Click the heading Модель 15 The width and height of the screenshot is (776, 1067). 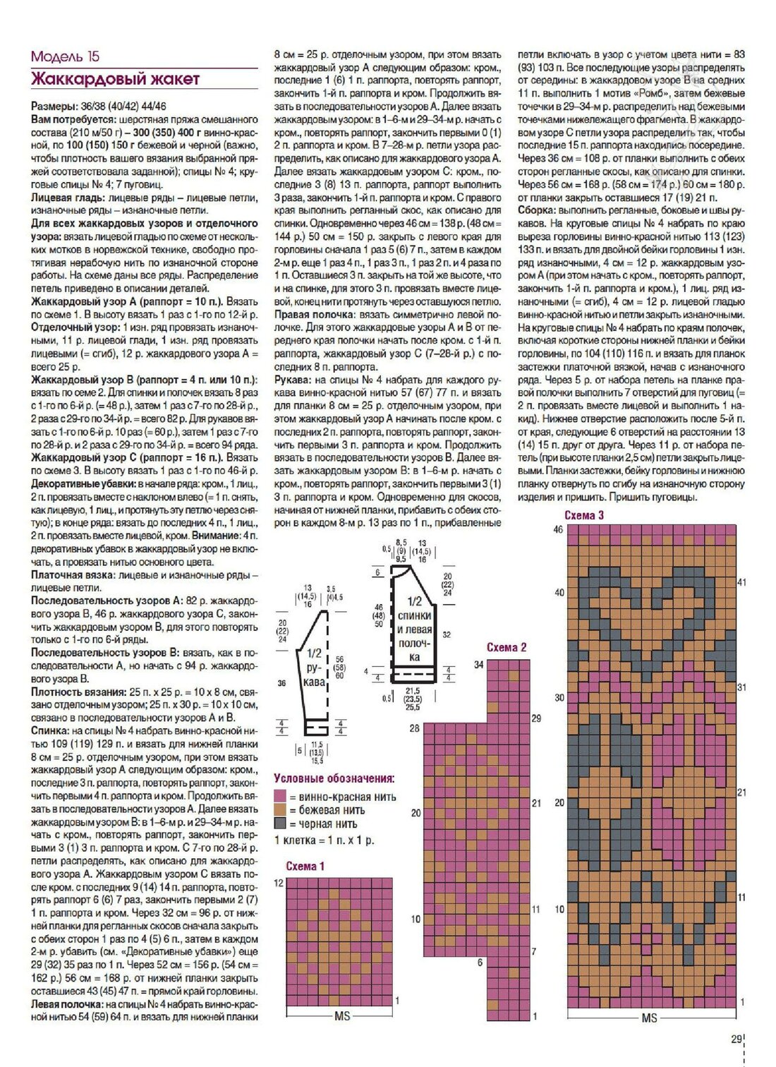[66, 56]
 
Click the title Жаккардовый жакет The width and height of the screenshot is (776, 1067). [115, 79]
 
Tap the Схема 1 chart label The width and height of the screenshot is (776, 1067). [305, 866]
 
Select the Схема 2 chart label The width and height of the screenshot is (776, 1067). [507, 647]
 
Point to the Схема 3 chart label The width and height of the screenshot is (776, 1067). [583, 515]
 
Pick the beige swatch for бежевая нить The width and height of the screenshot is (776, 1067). [280, 810]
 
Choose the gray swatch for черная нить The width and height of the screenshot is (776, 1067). [280, 824]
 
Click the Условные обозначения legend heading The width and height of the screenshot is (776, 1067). [334, 778]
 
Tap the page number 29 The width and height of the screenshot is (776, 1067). [736, 1039]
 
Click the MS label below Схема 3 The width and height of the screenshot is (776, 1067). [649, 1018]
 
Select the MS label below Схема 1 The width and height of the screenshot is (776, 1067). [342, 1015]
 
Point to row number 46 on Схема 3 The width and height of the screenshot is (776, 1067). [558, 529]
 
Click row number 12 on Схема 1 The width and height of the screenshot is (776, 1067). [279, 883]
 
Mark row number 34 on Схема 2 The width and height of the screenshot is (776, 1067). [479, 665]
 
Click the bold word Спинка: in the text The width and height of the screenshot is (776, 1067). [48, 730]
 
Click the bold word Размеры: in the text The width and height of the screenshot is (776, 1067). [54, 106]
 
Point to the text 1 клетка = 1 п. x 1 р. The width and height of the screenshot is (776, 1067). [324, 840]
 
